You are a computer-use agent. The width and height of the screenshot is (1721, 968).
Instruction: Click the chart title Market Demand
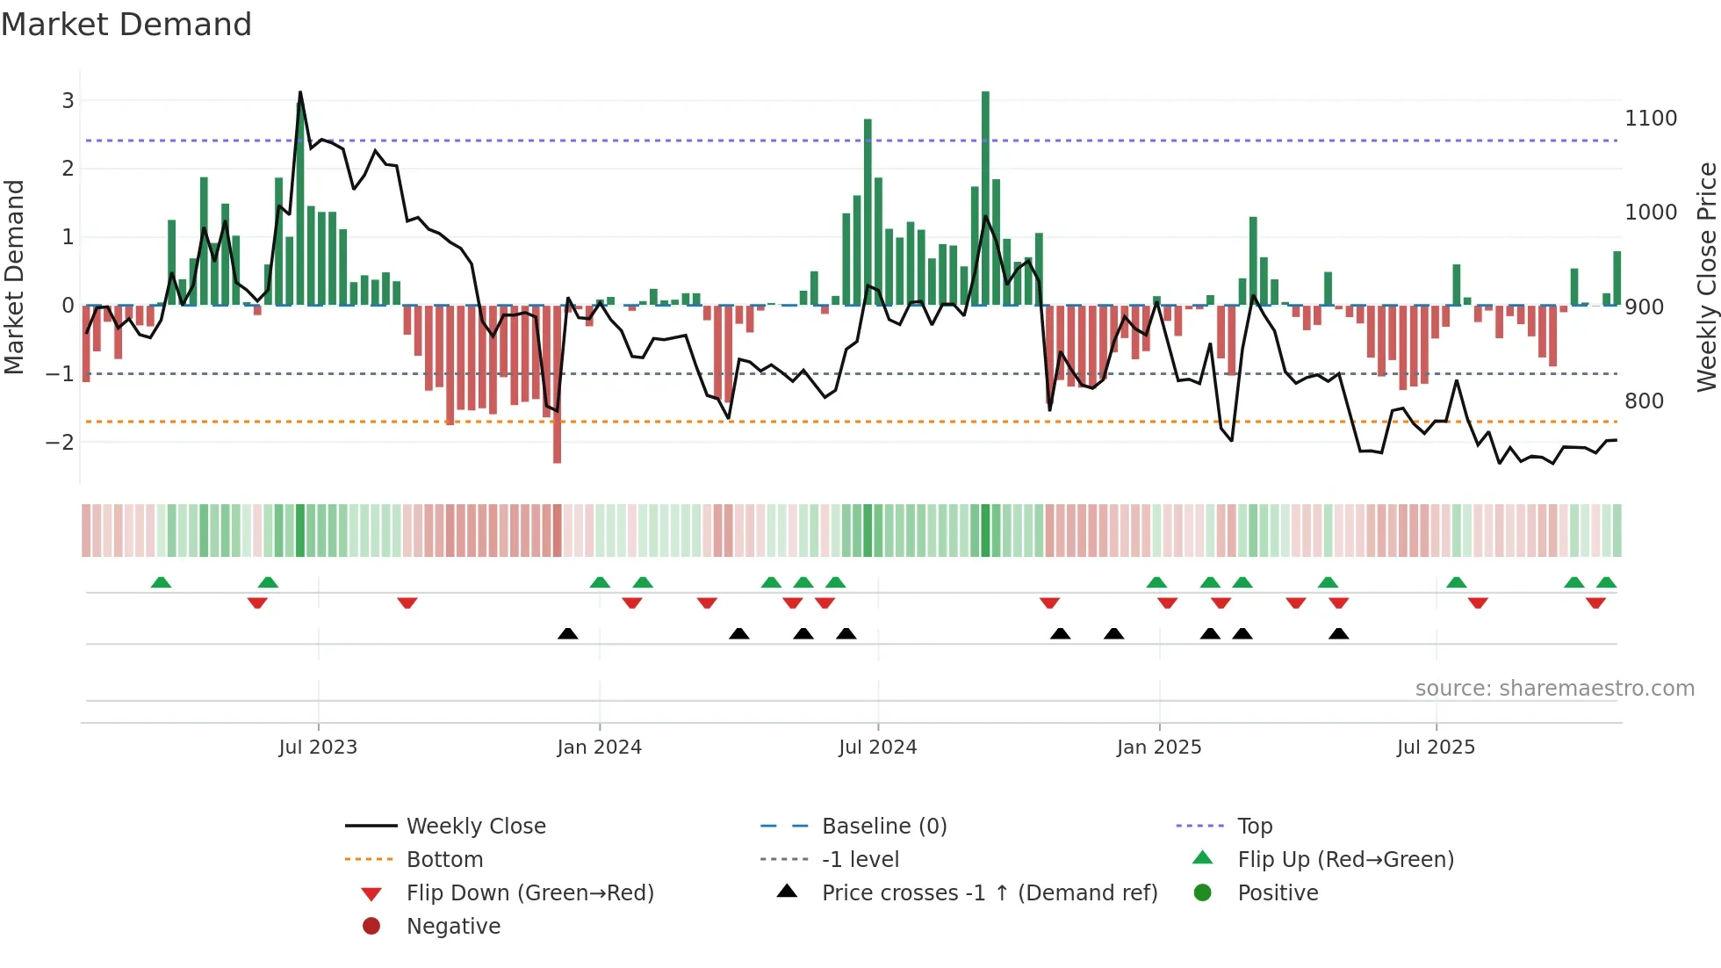[126, 25]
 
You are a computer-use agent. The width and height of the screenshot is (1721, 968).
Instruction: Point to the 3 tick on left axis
[68, 100]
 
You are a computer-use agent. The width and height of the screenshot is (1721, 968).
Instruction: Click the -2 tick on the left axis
[61, 442]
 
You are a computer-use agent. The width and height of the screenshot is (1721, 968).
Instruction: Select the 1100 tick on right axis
[1651, 119]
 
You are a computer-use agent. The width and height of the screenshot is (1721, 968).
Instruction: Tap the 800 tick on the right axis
[1645, 401]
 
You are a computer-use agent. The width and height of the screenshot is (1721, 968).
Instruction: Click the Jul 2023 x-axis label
[318, 748]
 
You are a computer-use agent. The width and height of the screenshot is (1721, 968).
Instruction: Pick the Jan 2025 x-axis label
[1159, 748]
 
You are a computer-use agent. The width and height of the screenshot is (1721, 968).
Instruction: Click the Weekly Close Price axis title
[1706, 277]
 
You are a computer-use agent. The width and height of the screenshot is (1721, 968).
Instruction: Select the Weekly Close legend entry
[476, 827]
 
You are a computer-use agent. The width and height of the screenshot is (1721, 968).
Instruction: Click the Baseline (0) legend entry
[884, 827]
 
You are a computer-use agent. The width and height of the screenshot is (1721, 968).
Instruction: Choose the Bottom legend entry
[444, 860]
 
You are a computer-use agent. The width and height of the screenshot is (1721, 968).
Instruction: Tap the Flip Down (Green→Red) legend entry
[529, 893]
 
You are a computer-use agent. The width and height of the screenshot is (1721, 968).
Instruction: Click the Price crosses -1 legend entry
[990, 893]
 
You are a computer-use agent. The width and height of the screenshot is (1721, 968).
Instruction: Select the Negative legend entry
[453, 927]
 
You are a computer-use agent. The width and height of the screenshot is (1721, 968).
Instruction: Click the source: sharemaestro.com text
[1554, 689]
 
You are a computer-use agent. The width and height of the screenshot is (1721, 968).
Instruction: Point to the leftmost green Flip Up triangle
[161, 582]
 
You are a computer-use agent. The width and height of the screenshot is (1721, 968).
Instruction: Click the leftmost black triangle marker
[568, 633]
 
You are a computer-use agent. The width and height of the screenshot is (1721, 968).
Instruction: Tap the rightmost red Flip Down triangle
[1595, 603]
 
